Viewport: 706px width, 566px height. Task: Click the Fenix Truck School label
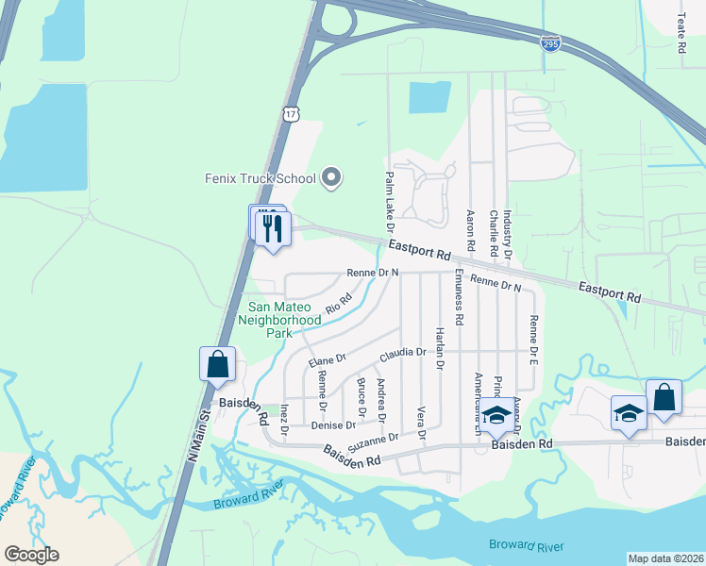coord(260,177)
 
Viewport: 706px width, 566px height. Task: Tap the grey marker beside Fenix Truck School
coord(331,177)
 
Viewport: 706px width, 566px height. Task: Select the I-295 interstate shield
coord(551,42)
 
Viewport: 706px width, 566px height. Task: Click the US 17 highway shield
coord(290,112)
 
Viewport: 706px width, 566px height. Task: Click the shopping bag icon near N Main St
coord(218,364)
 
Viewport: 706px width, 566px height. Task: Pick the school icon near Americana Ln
coord(496,416)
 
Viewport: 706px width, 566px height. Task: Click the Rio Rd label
coord(338,303)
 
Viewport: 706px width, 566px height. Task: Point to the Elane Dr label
coord(328,360)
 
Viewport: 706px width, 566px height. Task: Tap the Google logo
coord(31,555)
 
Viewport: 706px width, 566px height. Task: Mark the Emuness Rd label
coord(458,298)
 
